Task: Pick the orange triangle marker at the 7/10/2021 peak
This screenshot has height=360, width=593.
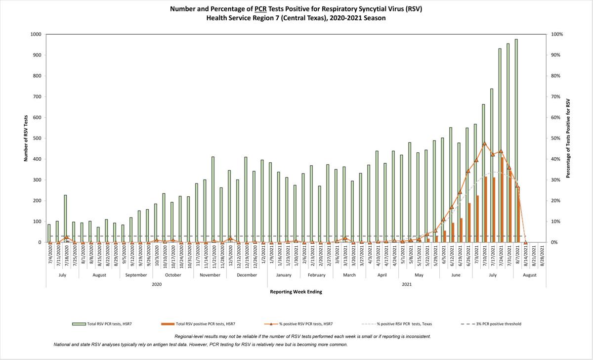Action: [x=484, y=143]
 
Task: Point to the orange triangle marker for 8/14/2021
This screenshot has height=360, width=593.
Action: [x=525, y=242]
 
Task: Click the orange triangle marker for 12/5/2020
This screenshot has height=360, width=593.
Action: [x=230, y=238]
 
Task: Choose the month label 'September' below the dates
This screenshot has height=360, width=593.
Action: [x=135, y=275]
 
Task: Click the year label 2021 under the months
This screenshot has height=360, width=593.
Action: [x=406, y=284]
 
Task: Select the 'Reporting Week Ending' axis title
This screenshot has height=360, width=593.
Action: [x=296, y=292]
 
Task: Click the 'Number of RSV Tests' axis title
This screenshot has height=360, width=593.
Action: [x=25, y=138]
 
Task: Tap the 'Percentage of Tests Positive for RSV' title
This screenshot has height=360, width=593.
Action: [x=568, y=138]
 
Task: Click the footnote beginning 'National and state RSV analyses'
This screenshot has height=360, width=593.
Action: [x=200, y=344]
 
